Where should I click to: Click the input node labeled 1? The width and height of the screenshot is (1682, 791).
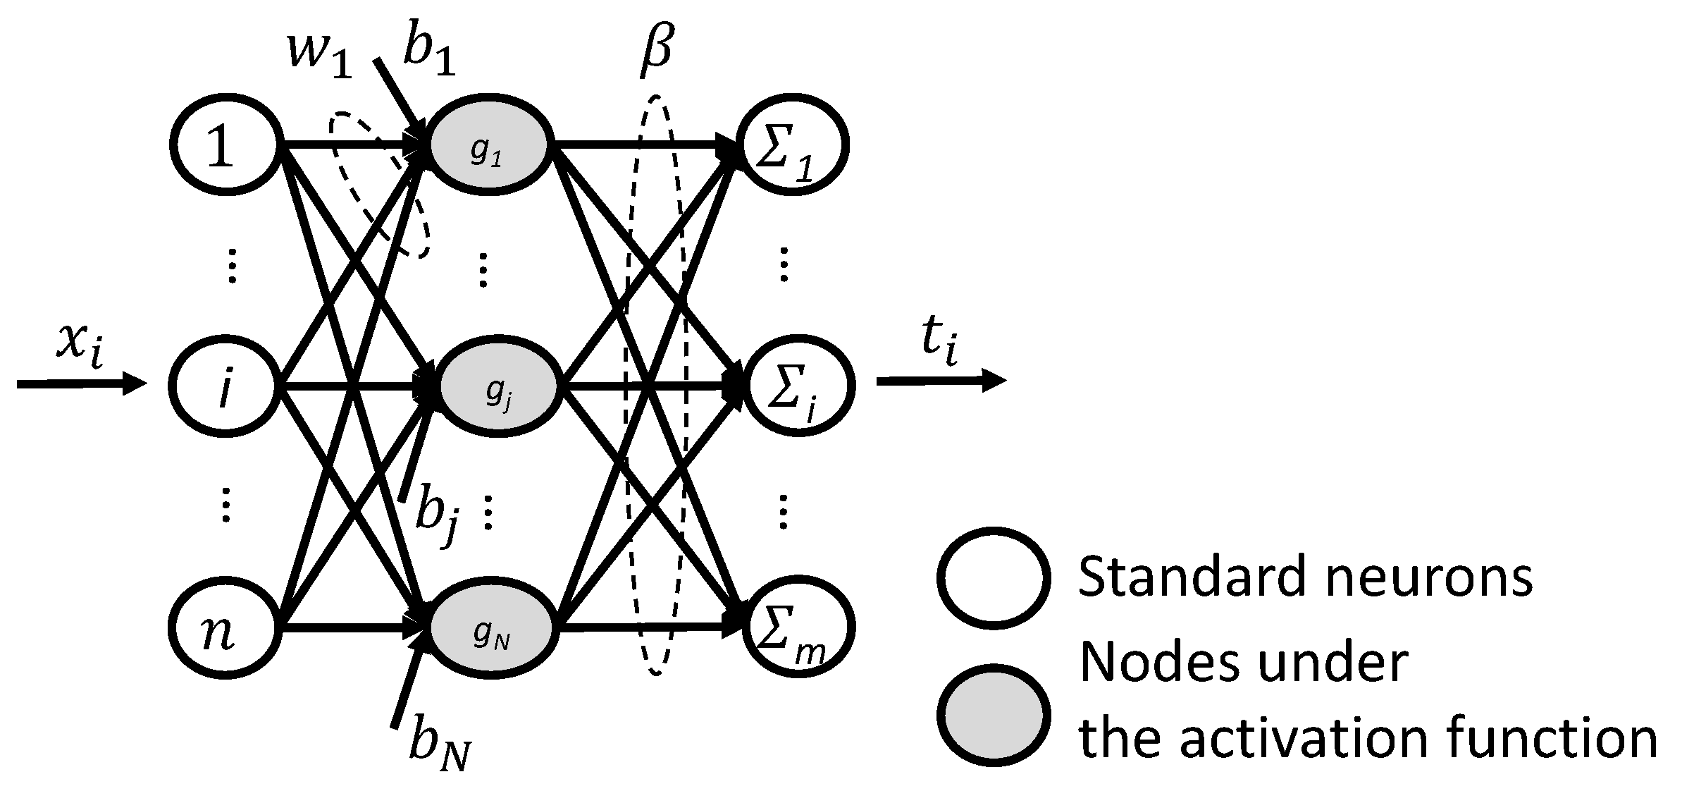tap(224, 145)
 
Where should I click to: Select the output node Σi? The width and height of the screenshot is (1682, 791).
tap(796, 387)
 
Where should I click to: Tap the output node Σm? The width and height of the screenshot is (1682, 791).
tap(796, 627)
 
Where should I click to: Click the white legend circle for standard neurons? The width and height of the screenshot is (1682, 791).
tap(992, 577)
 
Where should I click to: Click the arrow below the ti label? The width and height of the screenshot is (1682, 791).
tap(941, 381)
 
